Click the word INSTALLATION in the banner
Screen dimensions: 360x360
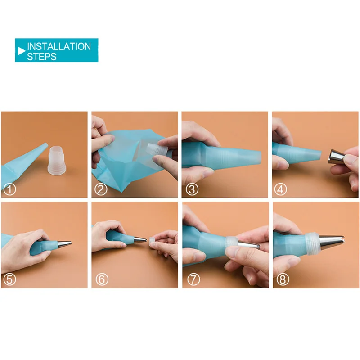[x=59, y=46]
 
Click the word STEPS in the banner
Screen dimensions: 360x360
[x=42, y=56]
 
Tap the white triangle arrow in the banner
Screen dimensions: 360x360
[x=21, y=51]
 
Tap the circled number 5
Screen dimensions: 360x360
[x=10, y=279]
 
